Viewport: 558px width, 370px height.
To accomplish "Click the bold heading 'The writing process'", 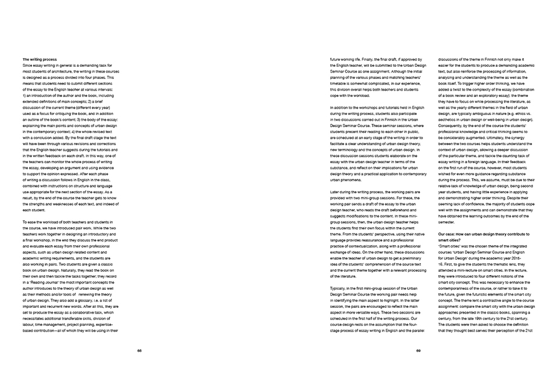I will [x=40, y=60].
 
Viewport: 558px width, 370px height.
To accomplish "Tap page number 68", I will [x=139, y=350].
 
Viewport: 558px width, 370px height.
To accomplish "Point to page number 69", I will [x=419, y=350].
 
